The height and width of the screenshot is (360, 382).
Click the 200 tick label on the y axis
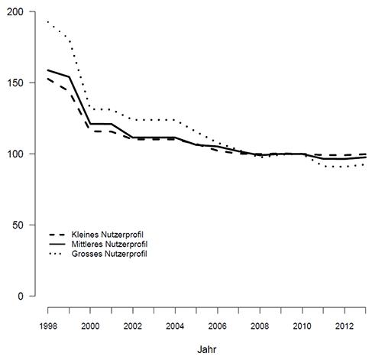15,12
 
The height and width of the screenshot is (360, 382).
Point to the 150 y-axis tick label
15,83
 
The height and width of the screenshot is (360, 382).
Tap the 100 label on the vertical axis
15,154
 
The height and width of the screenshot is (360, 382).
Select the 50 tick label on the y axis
18,225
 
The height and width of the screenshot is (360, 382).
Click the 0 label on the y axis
21,297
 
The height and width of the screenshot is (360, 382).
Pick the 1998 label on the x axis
48,326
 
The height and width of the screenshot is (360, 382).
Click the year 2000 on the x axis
90,326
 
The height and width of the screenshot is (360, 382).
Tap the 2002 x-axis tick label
133,326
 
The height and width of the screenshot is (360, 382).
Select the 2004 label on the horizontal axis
175,326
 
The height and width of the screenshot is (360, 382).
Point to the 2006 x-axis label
217,326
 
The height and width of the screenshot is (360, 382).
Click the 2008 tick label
260,326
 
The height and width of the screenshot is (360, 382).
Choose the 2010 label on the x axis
302,326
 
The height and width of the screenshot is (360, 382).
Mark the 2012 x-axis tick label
345,326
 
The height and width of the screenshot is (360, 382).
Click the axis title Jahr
207,349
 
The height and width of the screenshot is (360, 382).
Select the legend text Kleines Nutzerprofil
108,235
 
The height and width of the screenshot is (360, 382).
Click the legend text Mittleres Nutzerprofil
109,245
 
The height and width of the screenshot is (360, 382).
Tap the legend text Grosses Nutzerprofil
109,254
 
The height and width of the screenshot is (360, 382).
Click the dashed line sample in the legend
57,235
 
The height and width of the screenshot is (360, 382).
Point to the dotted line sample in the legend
57,254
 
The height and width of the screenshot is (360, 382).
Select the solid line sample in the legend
57,244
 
